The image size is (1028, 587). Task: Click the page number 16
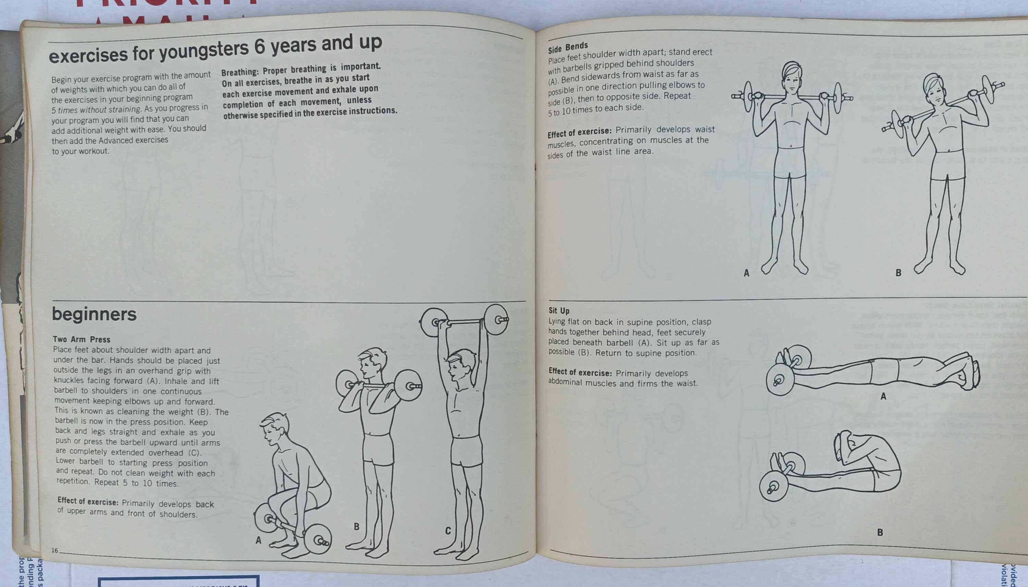click(x=54, y=550)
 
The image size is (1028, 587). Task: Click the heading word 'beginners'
click(x=94, y=314)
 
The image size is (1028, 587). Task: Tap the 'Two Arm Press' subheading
click(x=82, y=339)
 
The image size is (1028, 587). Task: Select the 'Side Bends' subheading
click(x=568, y=48)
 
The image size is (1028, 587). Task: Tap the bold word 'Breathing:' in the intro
click(x=240, y=73)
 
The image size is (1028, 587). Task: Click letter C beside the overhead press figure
click(x=448, y=531)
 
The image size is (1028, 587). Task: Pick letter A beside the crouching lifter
click(x=258, y=540)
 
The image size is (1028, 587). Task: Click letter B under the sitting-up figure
click(x=880, y=532)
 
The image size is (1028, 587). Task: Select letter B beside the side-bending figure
click(x=898, y=273)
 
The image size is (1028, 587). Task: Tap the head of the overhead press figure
click(x=461, y=364)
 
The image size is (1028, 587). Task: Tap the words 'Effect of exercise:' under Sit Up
click(x=580, y=372)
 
